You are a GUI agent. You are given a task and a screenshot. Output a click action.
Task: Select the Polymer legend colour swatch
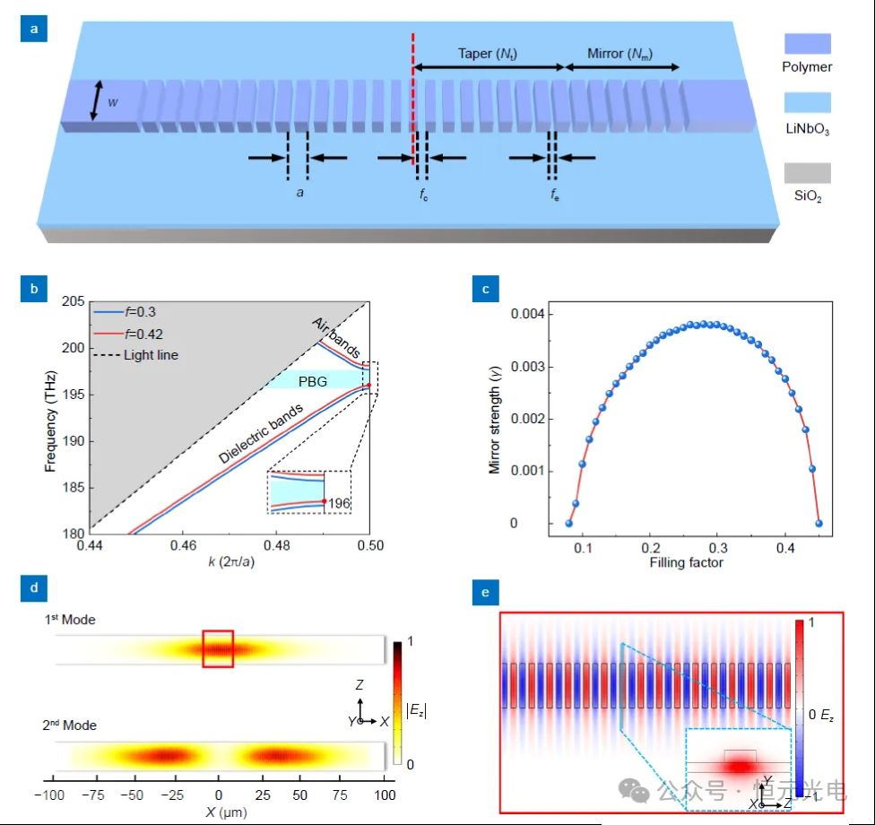pos(807,44)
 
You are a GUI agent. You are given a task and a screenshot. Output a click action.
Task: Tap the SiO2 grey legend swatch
pos(807,172)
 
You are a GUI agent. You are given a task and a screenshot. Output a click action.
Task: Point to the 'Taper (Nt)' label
pos(488,54)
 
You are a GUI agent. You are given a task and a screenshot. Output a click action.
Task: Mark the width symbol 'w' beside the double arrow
pos(113,102)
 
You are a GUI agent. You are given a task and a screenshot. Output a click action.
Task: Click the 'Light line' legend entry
pos(151,355)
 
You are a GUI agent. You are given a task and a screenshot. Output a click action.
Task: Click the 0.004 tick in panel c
pos(530,314)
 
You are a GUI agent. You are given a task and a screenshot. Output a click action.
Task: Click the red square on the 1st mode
pos(218,648)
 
